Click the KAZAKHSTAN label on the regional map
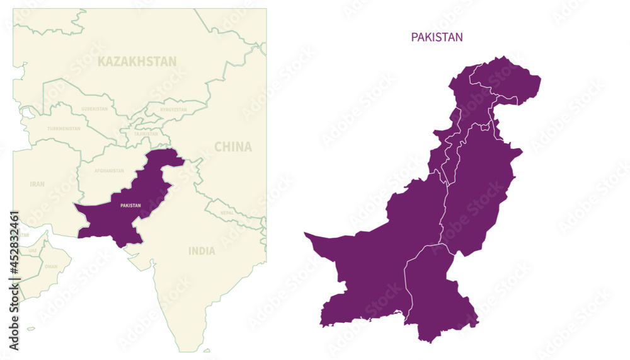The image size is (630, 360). pos(137,61)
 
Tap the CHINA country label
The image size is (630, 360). pos(232,147)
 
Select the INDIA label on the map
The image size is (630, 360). pos(202,251)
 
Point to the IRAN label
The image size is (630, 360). pos(37,184)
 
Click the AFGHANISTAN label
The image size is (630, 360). pos(109,171)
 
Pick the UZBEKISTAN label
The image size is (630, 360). pos(94,109)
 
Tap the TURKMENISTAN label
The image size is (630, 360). pos(64,129)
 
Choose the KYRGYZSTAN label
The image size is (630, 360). pos(173,110)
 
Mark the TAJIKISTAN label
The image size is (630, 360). pos(146,134)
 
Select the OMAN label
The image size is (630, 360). pos(50,267)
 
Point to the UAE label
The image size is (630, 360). pos(33,251)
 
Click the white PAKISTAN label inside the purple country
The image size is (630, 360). pos(130,206)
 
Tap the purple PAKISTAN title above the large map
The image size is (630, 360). pos(437,37)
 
